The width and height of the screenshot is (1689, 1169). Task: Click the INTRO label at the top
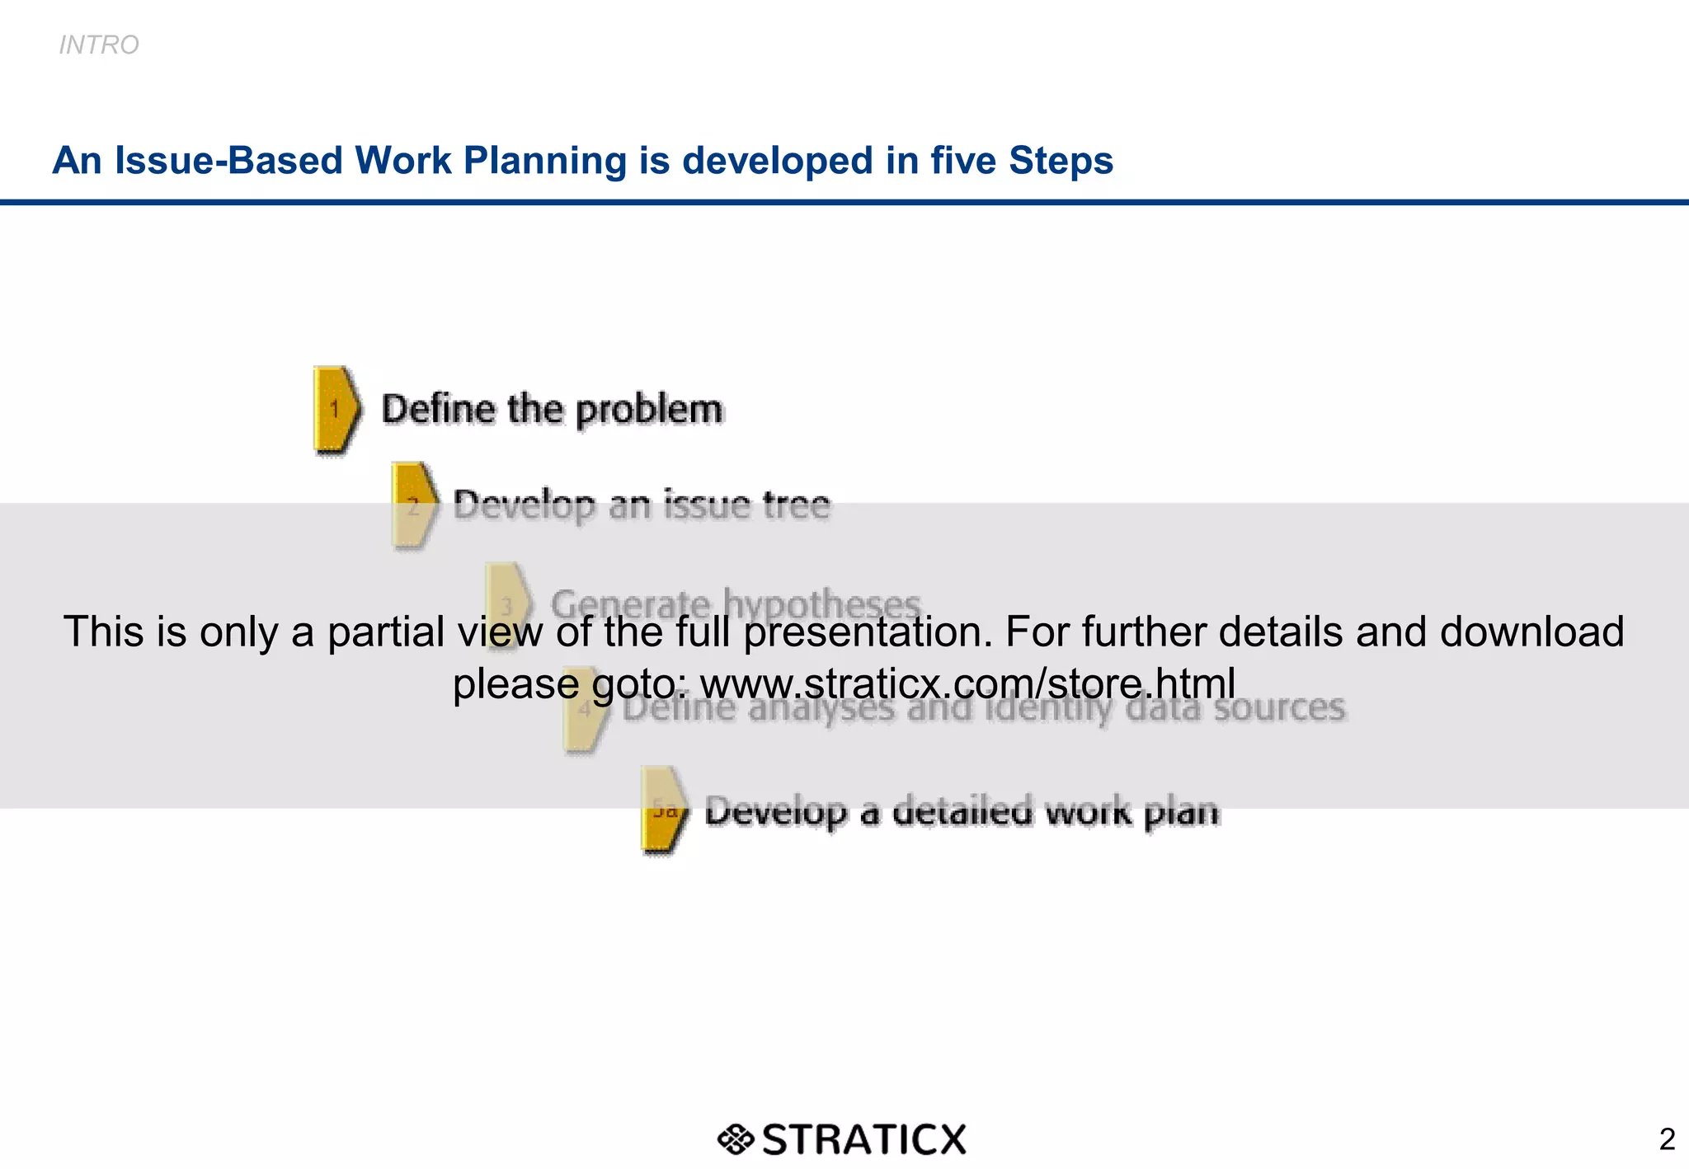[99, 45]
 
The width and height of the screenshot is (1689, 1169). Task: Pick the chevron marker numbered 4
[586, 709]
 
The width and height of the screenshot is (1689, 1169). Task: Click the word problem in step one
[649, 410]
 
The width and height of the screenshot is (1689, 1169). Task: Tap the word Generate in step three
[630, 604]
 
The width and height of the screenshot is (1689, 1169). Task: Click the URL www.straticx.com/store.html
[967, 683]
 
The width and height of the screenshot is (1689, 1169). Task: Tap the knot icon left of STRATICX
[735, 1139]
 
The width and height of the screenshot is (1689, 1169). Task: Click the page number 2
[1667, 1139]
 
